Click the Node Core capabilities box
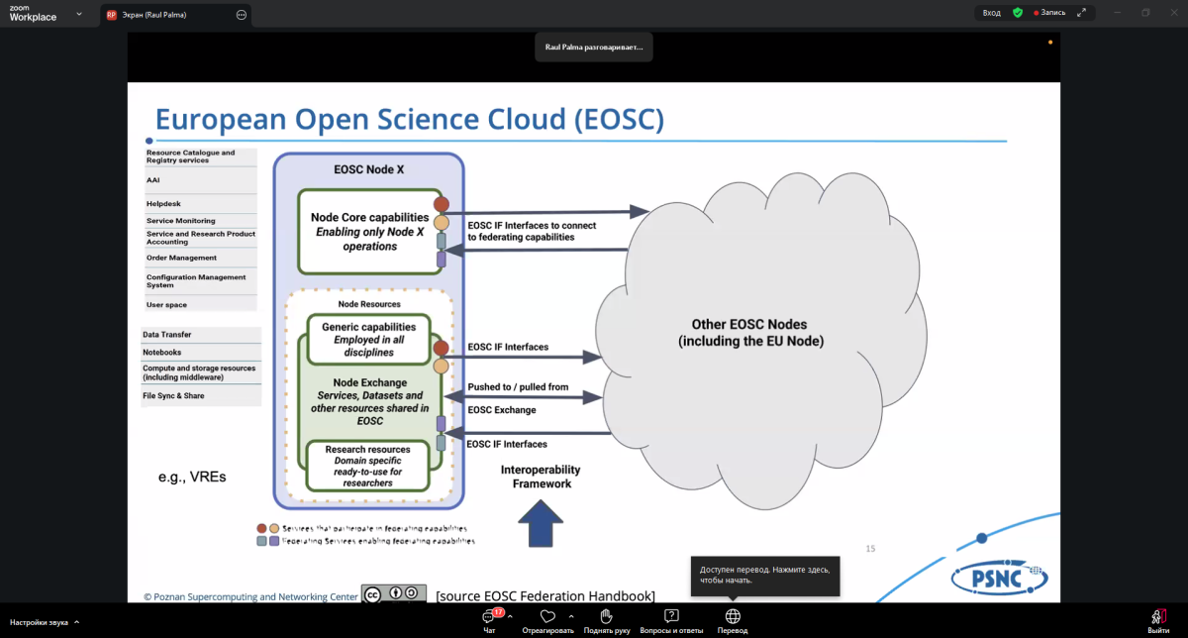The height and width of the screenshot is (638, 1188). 369,231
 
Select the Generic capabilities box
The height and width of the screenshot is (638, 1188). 369,339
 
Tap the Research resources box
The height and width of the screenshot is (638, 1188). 368,466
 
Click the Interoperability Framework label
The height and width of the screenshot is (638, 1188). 542,477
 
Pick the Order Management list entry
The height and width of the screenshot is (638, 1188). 181,258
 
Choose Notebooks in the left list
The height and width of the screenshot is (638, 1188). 162,352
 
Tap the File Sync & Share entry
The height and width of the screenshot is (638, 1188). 173,395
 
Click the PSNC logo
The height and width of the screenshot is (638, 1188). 999,576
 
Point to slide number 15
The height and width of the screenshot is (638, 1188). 871,548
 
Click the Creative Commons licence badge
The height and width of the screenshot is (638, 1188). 393,593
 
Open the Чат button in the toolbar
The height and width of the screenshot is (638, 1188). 489,620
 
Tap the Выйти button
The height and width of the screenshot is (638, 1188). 1158,620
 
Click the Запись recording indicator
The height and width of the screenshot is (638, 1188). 1049,13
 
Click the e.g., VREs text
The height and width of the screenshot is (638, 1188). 192,477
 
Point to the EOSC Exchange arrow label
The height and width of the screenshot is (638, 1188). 502,410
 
